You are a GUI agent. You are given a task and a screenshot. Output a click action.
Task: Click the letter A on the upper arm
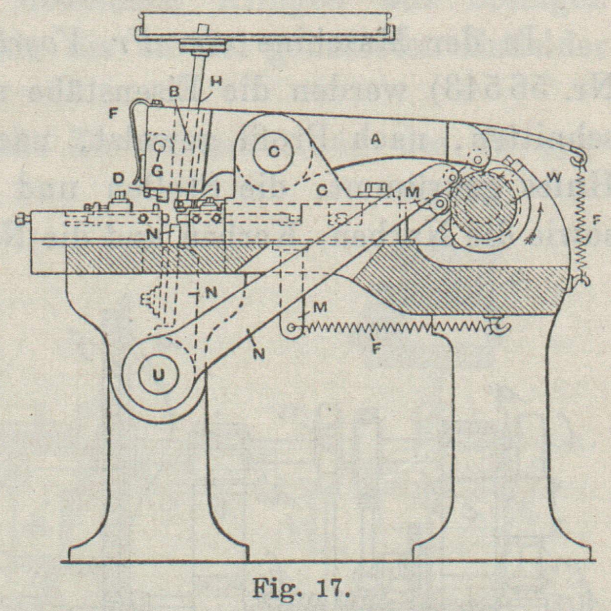click(x=375, y=140)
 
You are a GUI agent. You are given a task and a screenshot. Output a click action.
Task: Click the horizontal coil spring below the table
click(x=390, y=328)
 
